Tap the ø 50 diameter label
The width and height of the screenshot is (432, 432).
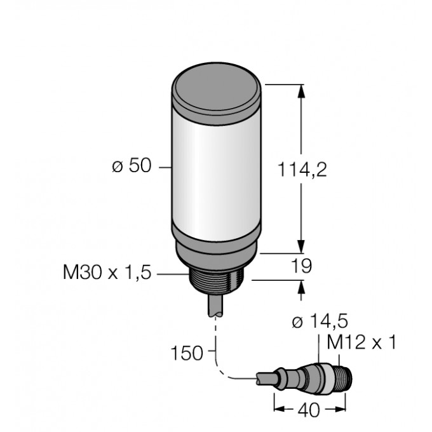(132, 167)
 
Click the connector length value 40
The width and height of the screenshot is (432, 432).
(309, 411)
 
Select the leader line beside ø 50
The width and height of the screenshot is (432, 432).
(164, 168)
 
